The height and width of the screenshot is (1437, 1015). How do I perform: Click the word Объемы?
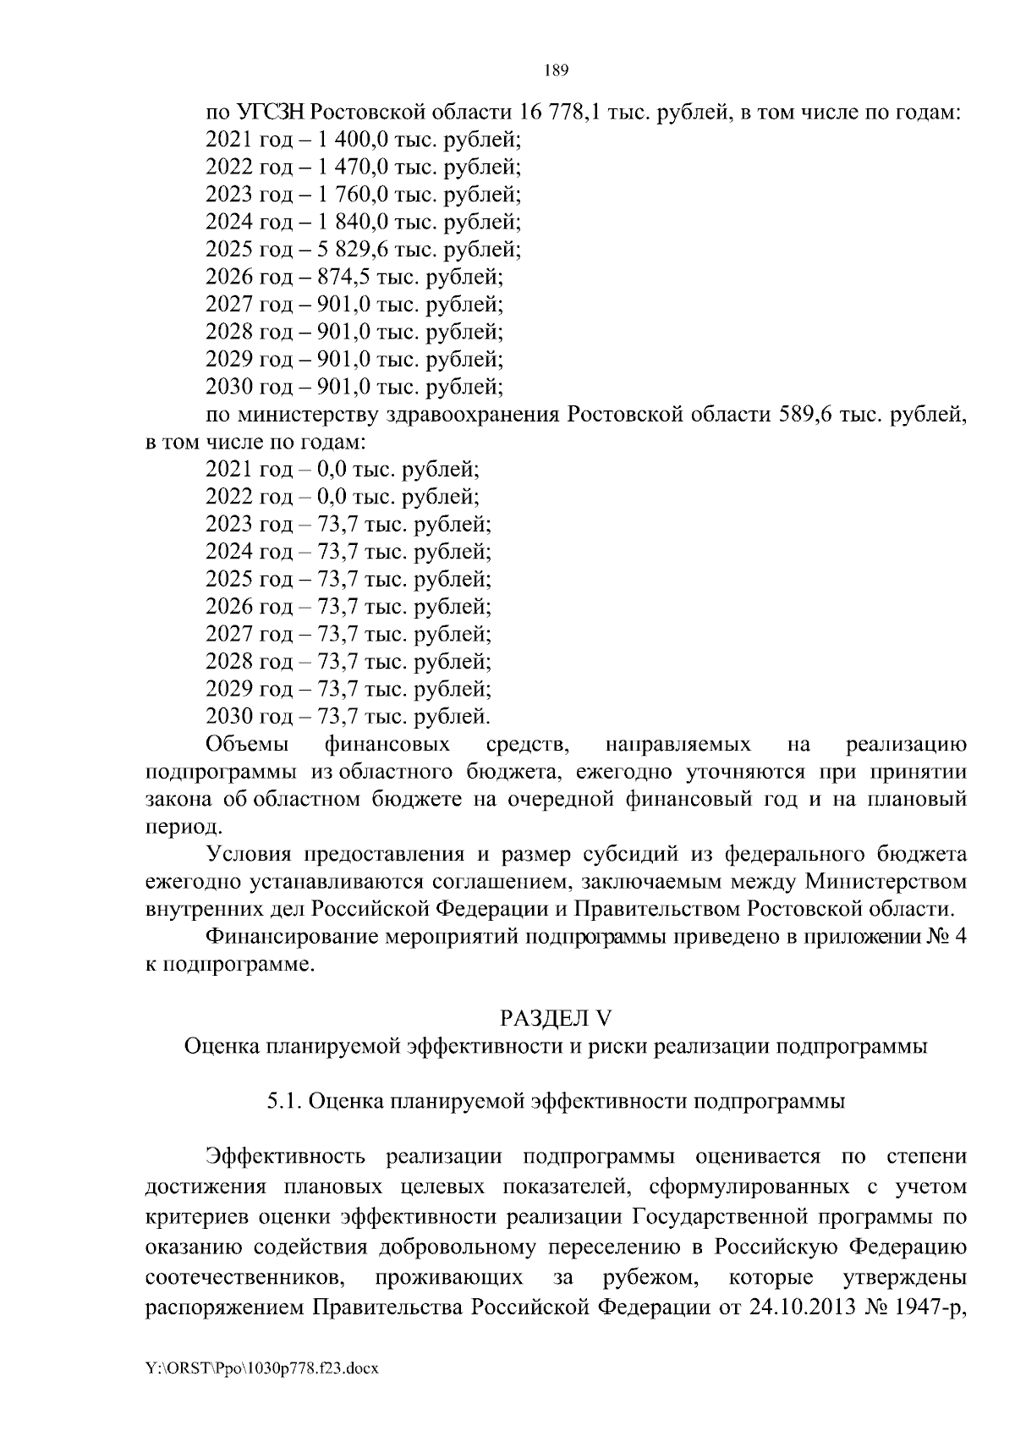pos(246,745)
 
